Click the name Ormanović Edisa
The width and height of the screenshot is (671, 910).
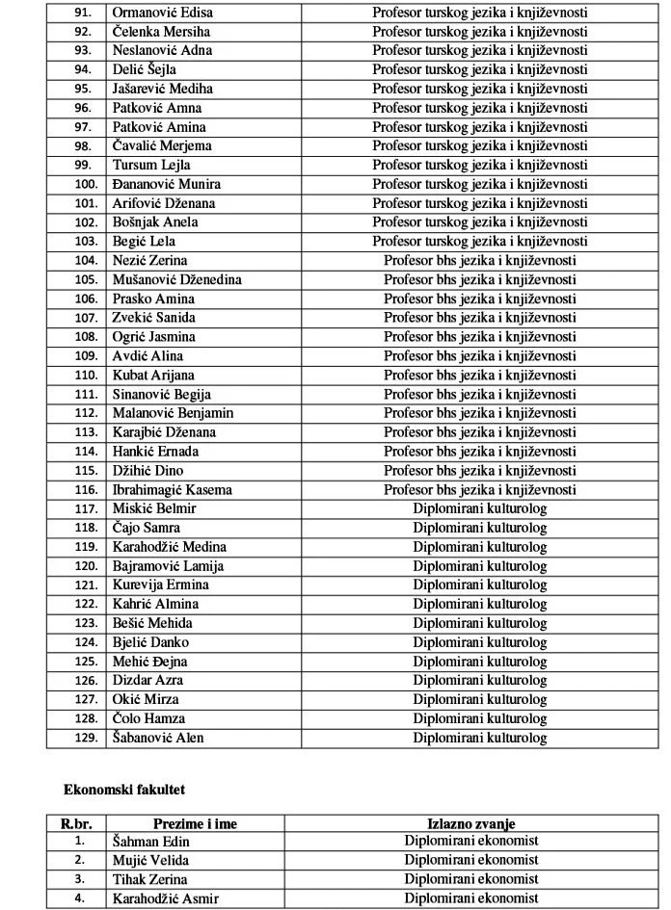click(163, 13)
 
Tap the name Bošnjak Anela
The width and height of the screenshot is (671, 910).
click(155, 222)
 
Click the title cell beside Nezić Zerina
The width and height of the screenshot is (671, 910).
click(479, 261)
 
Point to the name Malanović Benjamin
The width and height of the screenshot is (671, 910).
click(173, 413)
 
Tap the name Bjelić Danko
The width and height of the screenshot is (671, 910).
click(150, 642)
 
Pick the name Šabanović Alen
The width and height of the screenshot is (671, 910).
click(158, 739)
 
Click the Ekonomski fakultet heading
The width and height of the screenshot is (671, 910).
click(124, 790)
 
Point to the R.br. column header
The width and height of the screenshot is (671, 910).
click(75, 824)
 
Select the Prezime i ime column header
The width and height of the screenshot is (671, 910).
click(195, 824)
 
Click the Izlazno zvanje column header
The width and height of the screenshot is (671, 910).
click(470, 824)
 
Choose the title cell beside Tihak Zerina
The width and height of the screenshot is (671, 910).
click(470, 880)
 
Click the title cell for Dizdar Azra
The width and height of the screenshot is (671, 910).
click(479, 681)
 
